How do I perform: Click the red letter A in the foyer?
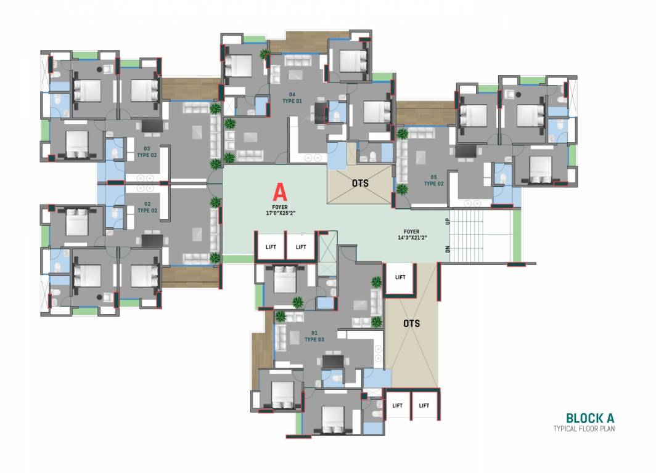point(279,190)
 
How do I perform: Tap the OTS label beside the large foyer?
point(361,183)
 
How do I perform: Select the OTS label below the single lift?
point(412,323)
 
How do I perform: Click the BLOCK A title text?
point(590,418)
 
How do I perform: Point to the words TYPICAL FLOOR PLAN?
point(584,429)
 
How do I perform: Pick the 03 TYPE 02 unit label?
point(147,152)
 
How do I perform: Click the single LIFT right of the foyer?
point(400,278)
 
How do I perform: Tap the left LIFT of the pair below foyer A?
point(271,247)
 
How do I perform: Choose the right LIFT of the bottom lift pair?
point(424,405)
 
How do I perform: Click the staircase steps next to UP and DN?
point(480,235)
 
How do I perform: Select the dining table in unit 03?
point(152,126)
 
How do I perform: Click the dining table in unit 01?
point(333,361)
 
